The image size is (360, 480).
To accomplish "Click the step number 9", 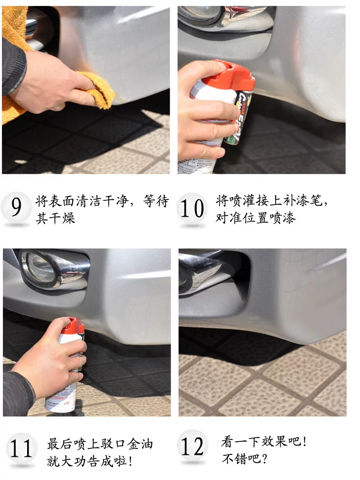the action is click(16, 207).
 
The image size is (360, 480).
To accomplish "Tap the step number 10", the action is click(192, 208).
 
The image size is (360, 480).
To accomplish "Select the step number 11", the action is click(21, 448).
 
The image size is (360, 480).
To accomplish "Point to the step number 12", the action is click(192, 446).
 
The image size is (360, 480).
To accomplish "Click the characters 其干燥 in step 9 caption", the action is click(55, 218).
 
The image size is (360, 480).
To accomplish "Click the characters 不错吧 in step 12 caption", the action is click(242, 459).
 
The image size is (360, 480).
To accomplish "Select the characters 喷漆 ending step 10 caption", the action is click(283, 218).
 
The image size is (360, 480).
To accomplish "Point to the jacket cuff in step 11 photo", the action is click(19, 389).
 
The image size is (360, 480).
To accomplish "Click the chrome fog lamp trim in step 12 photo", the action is click(202, 275).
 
